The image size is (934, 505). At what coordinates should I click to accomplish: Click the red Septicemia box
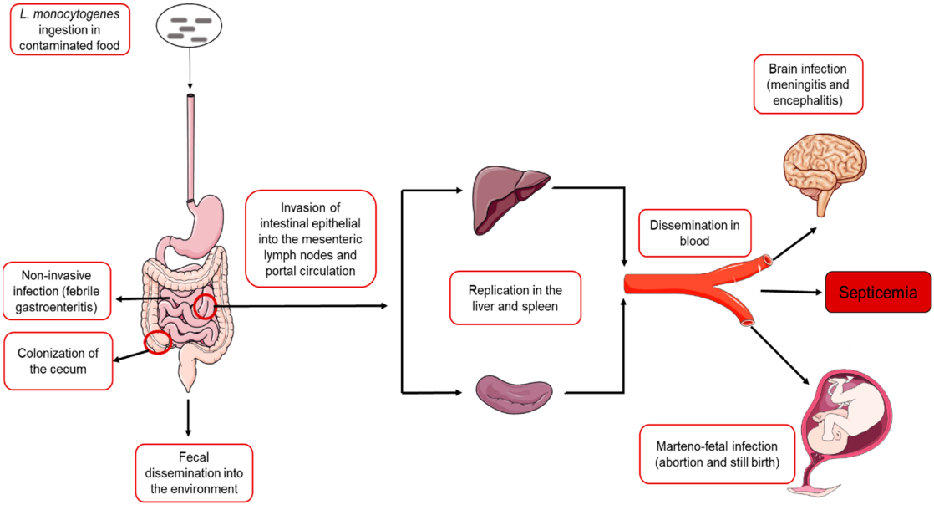[x=877, y=292]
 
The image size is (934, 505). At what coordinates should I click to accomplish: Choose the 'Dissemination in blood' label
[x=694, y=233]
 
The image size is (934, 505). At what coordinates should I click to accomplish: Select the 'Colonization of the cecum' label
[x=58, y=360]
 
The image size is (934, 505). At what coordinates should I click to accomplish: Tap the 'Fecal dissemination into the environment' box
[x=192, y=472]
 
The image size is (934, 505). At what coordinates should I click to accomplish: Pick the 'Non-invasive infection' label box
[x=58, y=290]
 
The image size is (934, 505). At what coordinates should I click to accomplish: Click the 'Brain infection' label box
[x=807, y=84]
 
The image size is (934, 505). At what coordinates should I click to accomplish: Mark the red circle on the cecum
[x=157, y=341]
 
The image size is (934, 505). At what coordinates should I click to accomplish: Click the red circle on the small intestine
[x=206, y=307]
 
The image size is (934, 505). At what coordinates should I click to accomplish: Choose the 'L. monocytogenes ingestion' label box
[x=69, y=31]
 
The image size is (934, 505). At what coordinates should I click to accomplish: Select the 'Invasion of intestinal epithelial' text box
[x=310, y=237]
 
